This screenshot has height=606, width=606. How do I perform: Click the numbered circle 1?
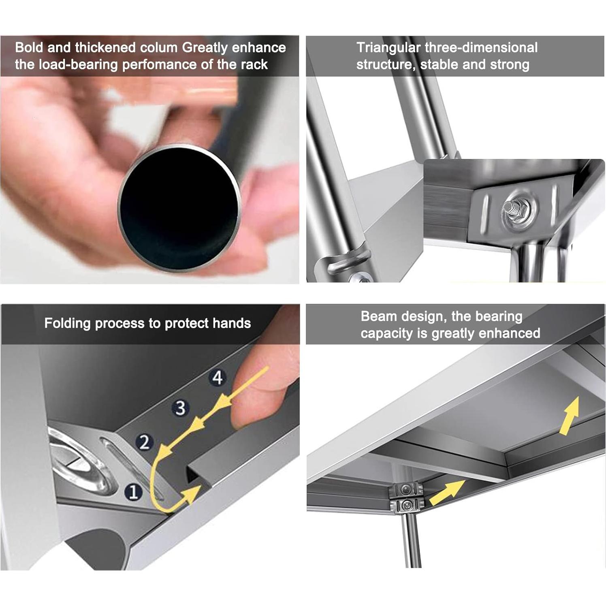coord(134,492)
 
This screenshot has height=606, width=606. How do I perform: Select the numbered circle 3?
coord(180,408)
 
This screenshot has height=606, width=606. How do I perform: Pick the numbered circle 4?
coord(218,378)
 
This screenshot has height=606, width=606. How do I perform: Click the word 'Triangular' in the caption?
coord(388,48)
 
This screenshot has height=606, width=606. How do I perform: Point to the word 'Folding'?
coord(68,324)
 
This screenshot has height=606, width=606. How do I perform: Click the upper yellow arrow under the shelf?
coord(569,416)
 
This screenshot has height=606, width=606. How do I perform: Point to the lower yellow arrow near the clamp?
coord(447,492)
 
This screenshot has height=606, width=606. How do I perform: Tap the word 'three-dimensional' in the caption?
coord(481,47)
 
